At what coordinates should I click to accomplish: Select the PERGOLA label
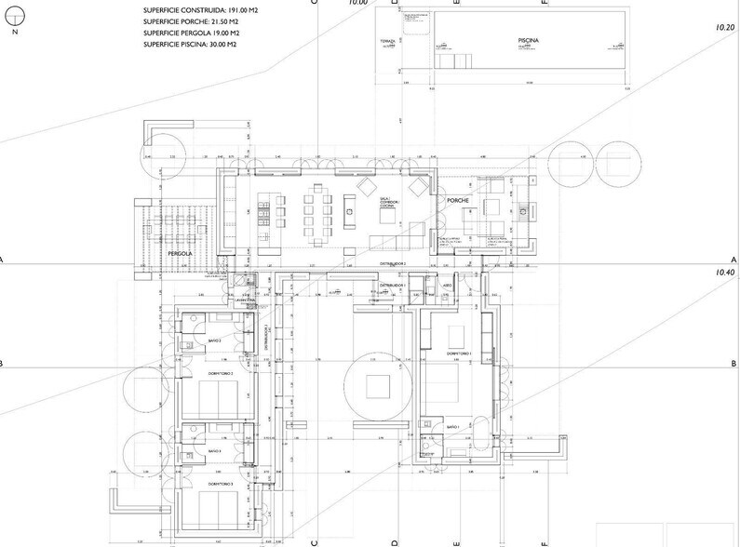tap(180, 252)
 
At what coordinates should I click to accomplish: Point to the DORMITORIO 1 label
tap(459, 354)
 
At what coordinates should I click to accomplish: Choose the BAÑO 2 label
tap(214, 341)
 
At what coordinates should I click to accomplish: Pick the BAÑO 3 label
tap(214, 450)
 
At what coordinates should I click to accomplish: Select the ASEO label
tap(447, 286)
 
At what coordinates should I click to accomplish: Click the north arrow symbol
tap(15, 20)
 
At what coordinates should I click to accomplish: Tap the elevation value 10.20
tap(727, 30)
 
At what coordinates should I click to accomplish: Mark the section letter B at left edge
tap(4, 364)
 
